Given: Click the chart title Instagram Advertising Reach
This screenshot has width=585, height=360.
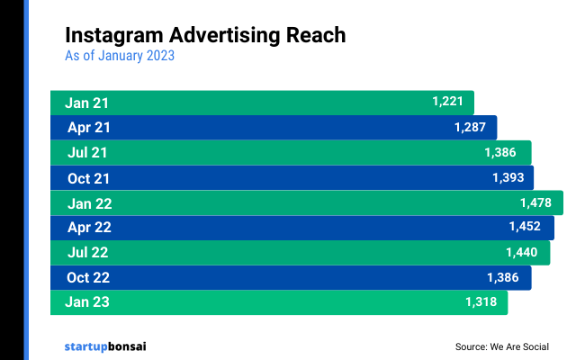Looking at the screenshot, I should pos(205,35).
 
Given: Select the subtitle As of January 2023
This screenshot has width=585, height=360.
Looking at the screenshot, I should pos(120,56).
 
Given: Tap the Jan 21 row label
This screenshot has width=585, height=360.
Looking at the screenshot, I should pos(86,103).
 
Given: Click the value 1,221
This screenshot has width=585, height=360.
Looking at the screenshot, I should pos(447,102).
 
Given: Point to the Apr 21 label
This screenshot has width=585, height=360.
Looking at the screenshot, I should pos(88,128).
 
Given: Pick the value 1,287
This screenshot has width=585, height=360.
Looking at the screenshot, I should pos(470,128).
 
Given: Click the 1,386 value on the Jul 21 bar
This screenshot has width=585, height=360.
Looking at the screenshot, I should pos(504,152).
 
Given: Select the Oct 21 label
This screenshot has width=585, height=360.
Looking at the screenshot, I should pos(88,177).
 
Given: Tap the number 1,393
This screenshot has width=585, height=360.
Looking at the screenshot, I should pos(508,177).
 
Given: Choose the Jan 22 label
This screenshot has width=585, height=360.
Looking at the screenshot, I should pos(88,203).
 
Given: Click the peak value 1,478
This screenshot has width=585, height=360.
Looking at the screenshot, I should pos(535,202).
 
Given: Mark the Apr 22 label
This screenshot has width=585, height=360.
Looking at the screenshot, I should pos(88,228).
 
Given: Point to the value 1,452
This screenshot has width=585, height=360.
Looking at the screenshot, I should pos(526,228).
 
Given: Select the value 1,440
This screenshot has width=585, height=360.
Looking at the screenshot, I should pos(522,253).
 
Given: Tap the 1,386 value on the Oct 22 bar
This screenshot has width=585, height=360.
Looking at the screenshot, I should pos(503,278).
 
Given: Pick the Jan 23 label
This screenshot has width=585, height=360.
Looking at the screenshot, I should pos(87,302).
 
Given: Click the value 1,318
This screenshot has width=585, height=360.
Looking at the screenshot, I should pos(481,302).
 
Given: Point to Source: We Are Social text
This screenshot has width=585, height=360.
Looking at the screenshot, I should pos(501,346).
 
